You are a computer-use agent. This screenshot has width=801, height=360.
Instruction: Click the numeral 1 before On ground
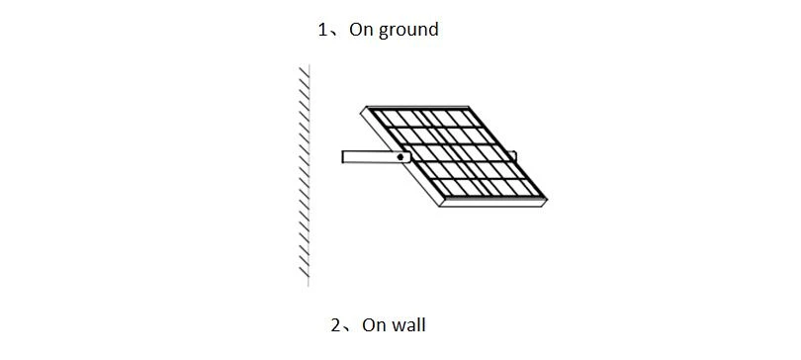(x=321, y=30)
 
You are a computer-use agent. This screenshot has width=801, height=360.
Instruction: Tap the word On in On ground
(x=362, y=30)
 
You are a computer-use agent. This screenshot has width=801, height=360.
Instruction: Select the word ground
(x=408, y=31)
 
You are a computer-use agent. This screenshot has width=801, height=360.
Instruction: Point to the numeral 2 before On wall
(x=335, y=325)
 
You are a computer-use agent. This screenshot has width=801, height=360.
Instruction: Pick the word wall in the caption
(x=408, y=324)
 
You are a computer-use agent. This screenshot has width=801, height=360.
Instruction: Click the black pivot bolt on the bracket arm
(x=400, y=157)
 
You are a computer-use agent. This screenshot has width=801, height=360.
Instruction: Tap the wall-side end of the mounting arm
(x=343, y=157)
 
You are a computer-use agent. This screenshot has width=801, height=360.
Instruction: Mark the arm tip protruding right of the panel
(x=514, y=156)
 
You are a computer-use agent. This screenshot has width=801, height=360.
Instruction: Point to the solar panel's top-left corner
(x=367, y=107)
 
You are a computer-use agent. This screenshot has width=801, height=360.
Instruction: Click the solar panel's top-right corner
(x=469, y=107)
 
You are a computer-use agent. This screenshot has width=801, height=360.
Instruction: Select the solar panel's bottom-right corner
(x=546, y=199)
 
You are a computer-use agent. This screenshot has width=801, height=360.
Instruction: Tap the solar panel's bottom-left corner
(x=440, y=206)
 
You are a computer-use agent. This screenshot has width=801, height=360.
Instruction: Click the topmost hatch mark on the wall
(x=304, y=71)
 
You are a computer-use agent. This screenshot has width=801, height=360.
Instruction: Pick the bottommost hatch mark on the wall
(x=304, y=272)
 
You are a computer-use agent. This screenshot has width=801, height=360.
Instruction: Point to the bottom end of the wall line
(x=309, y=287)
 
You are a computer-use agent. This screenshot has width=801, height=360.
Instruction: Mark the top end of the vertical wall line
(x=309, y=65)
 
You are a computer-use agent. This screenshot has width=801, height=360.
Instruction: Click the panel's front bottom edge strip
(x=493, y=203)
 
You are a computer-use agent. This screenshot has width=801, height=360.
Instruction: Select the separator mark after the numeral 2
(x=347, y=329)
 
